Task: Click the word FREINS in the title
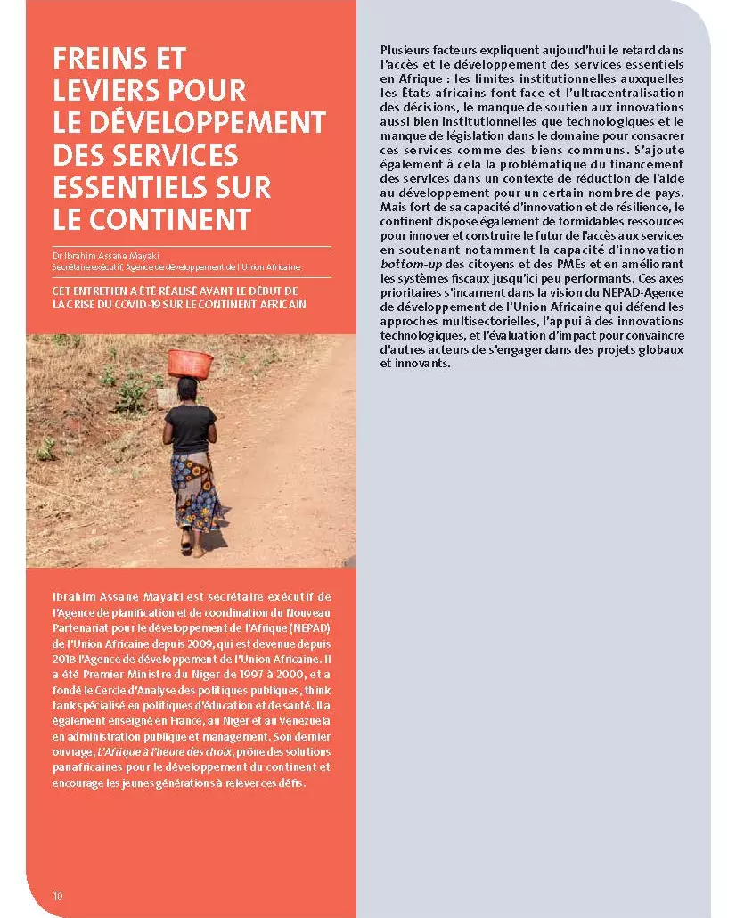click(x=98, y=59)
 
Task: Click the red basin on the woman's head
click(x=191, y=362)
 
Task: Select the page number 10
click(x=58, y=895)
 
